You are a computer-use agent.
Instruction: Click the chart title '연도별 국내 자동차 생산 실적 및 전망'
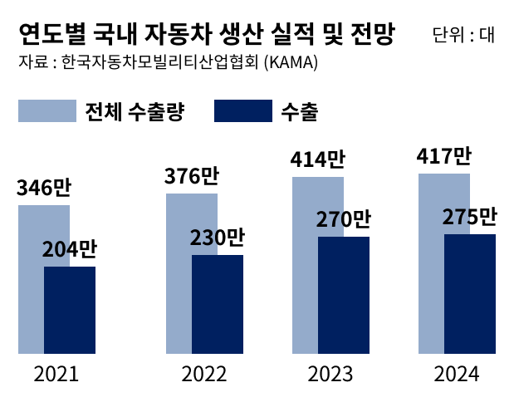coord(206,36)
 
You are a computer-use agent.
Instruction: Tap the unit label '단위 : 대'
coord(463,36)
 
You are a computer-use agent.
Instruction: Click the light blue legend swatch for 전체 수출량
coord(47,111)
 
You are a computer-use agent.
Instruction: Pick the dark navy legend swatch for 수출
coord(243,111)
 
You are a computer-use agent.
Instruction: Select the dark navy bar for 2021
coord(70,310)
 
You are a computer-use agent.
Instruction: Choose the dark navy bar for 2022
coord(218,304)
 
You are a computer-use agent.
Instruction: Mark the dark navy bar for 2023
coord(344,295)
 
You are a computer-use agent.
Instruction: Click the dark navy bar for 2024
coord(470,294)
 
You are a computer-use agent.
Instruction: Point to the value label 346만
coord(43,189)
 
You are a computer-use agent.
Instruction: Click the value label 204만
coord(70,250)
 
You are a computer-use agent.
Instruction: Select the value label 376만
coord(191,177)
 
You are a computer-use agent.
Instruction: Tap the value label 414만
coord(317,159)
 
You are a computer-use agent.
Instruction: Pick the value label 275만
coord(469,218)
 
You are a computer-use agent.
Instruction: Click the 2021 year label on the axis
coord(56,375)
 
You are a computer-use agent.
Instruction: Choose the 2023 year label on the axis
coord(330,375)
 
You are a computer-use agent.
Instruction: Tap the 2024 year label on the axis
coord(456,375)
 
